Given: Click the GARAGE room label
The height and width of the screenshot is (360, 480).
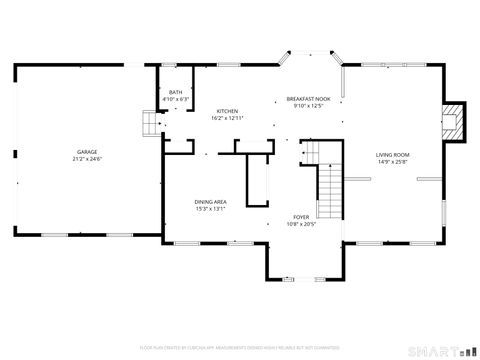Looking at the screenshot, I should pos(87,151).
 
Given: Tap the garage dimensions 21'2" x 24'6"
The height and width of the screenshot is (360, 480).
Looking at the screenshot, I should pos(87,159).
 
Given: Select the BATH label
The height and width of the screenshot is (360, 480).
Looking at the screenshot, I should pos(175,92).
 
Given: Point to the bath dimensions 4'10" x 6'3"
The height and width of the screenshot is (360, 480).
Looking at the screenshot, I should pos(175,99).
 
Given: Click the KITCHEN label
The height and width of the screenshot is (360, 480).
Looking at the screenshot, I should pos(227,111).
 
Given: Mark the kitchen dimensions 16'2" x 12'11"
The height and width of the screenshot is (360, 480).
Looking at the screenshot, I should pos(227,118).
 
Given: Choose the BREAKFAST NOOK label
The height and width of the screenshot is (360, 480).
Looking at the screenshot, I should pos(307,99).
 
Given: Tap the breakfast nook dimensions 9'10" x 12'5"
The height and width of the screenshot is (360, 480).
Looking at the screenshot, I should pos(307,106).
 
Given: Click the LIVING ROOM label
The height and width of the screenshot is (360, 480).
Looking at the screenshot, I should pos(393,154).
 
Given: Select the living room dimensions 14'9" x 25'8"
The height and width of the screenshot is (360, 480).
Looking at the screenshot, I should pos(393,161).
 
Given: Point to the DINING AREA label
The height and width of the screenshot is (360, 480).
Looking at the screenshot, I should pos(210,202).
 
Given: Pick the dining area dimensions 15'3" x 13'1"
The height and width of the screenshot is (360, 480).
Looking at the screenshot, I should pos(210,209).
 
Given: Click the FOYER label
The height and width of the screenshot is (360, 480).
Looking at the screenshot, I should pos(301,217).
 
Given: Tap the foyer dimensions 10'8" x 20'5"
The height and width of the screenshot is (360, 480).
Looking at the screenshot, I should pos(301,224).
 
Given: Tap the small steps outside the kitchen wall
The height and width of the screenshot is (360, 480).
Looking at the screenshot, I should pos(150,122).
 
